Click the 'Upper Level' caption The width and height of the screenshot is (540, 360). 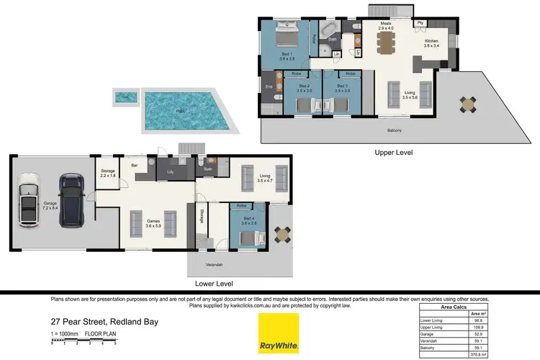pos(394,153)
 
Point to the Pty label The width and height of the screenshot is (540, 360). pos(420,23)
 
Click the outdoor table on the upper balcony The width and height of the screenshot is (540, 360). pos(469,105)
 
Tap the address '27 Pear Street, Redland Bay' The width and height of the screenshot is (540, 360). pos(104,322)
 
